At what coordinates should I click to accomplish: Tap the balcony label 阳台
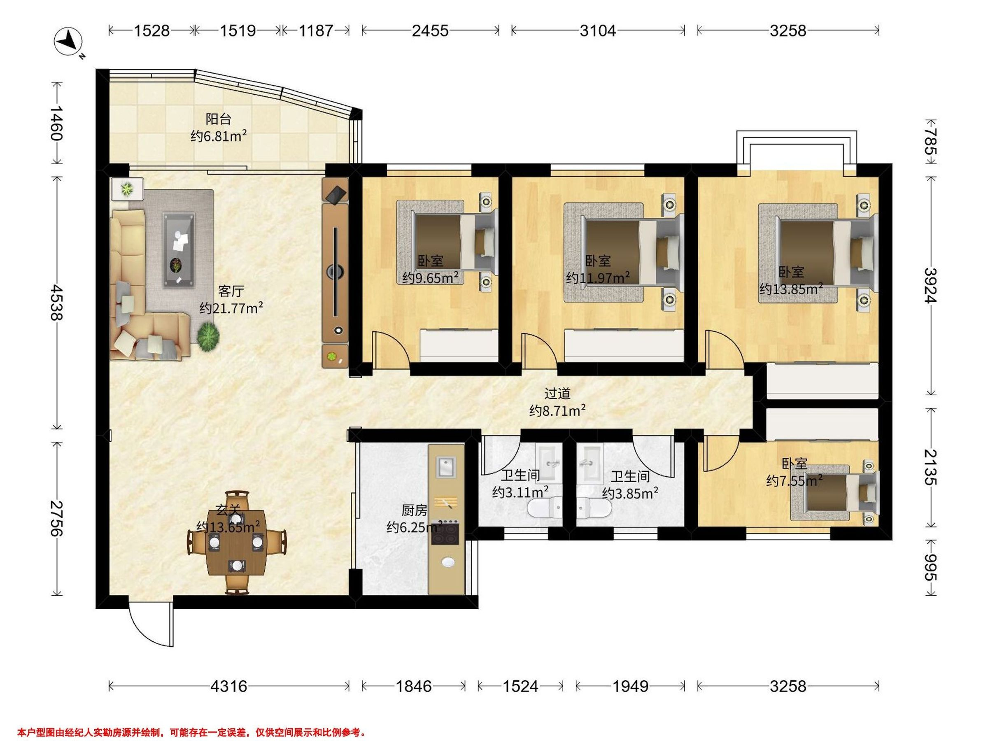219,119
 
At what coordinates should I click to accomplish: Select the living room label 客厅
231,291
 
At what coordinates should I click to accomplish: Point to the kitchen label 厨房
414,510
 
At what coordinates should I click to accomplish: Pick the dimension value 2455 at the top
430,30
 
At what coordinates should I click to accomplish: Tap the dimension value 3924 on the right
931,285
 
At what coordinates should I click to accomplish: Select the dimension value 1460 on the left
57,123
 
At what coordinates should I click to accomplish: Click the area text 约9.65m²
430,278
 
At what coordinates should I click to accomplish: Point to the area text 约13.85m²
791,289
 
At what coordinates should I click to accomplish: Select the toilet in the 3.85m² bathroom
594,508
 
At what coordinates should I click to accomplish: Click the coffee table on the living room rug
179,251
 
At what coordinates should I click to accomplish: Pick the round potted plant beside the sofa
208,338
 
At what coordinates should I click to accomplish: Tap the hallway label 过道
557,394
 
